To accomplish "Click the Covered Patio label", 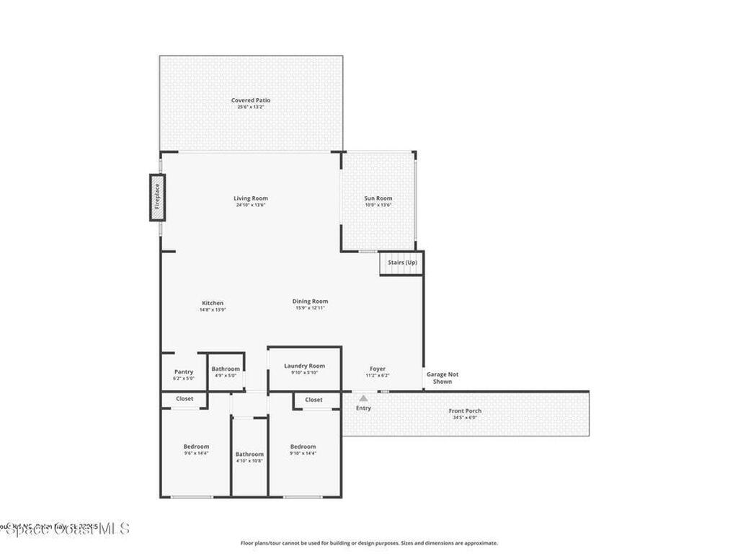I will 251,100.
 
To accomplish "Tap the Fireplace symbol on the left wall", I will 157,196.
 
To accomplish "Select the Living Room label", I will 251,198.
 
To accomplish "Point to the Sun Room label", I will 378,198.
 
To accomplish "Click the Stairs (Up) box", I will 401,263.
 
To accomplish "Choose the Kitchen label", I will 213,303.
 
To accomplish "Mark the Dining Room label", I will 311,302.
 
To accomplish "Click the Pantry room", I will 184,372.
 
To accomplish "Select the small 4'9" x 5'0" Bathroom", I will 226,371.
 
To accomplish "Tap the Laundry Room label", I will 304,366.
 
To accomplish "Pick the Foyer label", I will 378,369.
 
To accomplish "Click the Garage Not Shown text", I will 443,377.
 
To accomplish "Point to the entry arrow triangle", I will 364,397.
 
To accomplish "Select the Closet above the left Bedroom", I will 184,399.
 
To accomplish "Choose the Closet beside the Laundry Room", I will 314,400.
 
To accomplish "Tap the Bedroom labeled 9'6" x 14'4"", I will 196,447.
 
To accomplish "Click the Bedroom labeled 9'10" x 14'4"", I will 303,447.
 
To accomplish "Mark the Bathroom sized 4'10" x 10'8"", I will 249,454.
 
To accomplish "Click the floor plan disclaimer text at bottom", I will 369,543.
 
